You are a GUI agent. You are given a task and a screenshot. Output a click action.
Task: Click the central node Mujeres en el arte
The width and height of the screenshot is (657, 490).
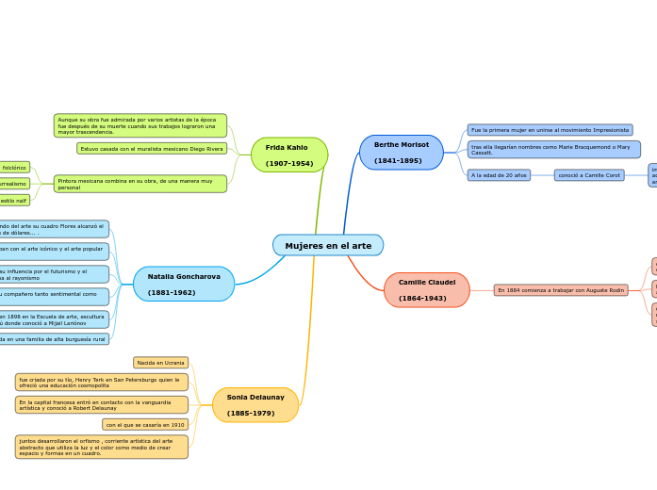328,246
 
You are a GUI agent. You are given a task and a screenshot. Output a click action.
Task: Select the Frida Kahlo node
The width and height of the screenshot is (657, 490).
289,155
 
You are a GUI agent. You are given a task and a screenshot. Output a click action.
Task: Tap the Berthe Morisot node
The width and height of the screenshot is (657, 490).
401,153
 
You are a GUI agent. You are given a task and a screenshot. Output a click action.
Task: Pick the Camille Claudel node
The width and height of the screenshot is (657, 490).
426,290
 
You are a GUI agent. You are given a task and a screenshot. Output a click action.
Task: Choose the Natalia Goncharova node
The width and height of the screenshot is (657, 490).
184,284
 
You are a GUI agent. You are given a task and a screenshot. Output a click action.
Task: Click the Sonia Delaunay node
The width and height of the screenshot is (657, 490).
255,405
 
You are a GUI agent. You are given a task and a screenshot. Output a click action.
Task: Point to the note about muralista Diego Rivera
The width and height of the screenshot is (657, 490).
152,149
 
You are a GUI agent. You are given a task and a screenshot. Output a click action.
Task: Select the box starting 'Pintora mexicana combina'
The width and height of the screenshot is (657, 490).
140,184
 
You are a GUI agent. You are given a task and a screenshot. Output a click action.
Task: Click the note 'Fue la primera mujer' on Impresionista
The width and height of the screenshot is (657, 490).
550,130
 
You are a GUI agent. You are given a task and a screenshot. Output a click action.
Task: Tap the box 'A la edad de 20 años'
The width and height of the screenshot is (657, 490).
499,175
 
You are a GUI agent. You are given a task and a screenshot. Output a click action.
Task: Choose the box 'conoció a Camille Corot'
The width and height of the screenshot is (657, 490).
588,175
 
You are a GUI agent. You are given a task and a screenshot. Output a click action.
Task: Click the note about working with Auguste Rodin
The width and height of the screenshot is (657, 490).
561,290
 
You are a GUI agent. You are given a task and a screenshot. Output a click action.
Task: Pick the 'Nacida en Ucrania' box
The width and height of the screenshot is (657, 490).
160,363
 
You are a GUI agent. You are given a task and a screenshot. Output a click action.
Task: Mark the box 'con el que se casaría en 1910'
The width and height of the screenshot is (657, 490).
145,425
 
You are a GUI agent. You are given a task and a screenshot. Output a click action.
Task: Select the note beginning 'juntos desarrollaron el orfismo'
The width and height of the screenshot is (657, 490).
102,447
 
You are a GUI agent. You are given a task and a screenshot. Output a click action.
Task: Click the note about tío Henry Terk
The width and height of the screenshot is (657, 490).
102,382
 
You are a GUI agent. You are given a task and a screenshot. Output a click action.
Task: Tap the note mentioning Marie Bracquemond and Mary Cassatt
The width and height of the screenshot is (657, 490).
553,150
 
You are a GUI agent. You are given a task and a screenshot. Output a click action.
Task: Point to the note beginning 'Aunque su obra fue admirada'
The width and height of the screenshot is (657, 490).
140,125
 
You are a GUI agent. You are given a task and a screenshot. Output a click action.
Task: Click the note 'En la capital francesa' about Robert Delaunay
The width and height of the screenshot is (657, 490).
102,405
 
